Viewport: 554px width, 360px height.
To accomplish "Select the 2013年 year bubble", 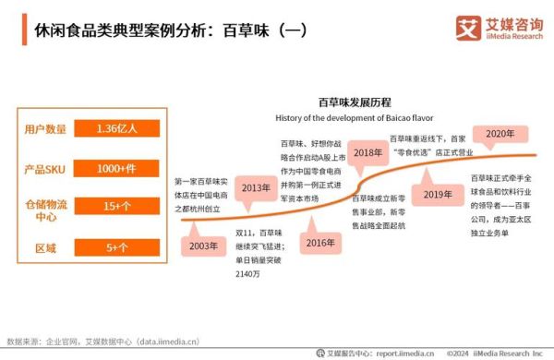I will pyautogui.click(x=257, y=188).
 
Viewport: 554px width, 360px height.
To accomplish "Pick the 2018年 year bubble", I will pyautogui.click(x=369, y=153).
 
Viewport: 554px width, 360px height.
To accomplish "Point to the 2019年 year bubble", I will pyautogui.click(x=438, y=194).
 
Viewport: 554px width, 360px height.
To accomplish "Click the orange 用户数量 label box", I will pyautogui.click(x=45, y=128).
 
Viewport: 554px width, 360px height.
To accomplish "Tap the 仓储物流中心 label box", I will pyautogui.click(x=45, y=210).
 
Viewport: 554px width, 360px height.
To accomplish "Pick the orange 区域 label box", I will pyautogui.click(x=45, y=249).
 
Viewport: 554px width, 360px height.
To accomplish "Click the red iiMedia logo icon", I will pyautogui.click(x=467, y=27).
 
